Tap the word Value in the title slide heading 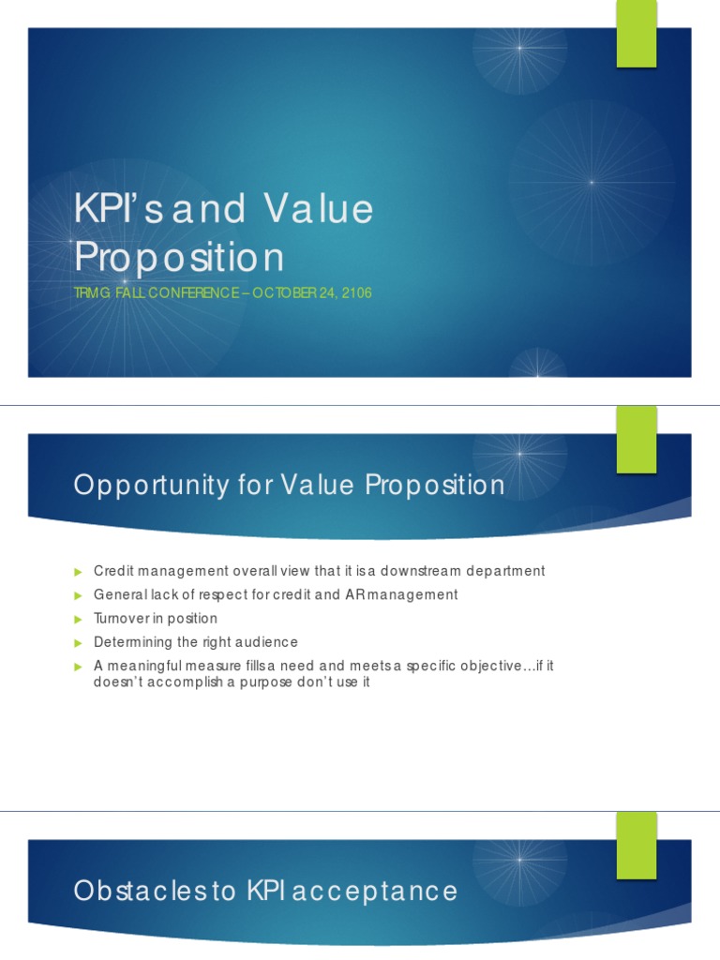(x=318, y=209)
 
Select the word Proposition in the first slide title (x=178, y=256)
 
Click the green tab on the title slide (x=636, y=34)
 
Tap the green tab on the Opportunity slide (x=636, y=440)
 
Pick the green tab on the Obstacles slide (x=636, y=846)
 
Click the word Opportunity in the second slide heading (x=151, y=486)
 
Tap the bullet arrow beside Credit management (x=79, y=571)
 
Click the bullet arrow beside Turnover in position (x=79, y=619)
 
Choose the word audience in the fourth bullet (x=266, y=642)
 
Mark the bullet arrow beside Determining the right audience (x=79, y=642)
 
